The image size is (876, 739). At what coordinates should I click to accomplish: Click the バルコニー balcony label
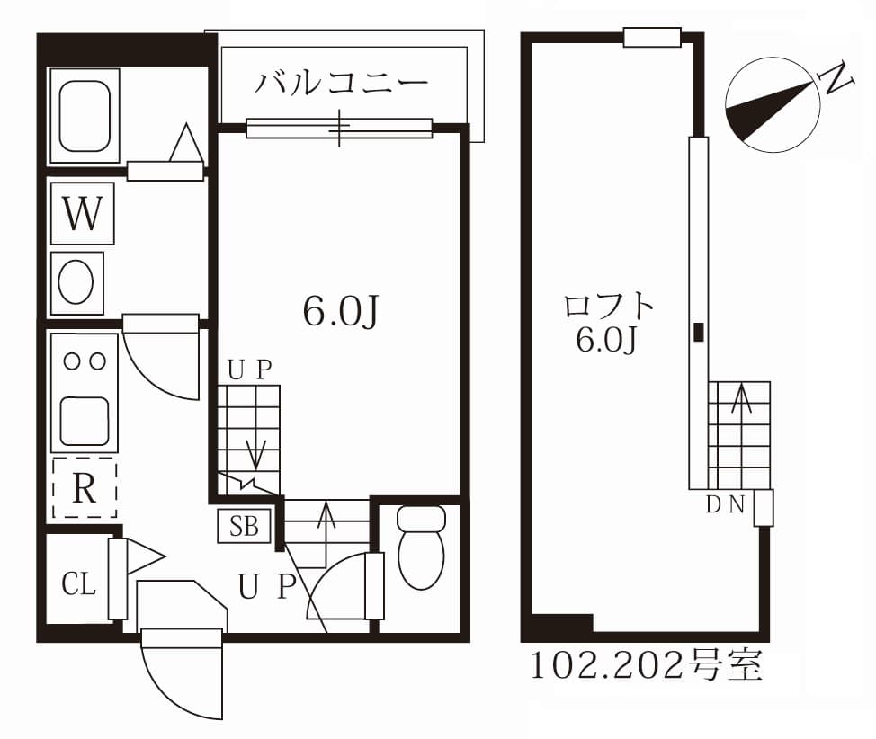point(340,83)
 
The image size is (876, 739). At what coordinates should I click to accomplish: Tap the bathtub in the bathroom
point(84,115)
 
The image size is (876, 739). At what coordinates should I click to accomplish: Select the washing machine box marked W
point(83,214)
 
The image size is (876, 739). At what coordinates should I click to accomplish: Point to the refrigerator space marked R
point(84,488)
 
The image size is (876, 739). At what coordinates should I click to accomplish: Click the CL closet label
point(78,584)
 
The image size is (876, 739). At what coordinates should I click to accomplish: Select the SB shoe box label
point(244,526)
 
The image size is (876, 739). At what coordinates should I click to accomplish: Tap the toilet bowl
point(420,548)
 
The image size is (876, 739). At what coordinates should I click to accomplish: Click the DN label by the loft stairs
point(724,504)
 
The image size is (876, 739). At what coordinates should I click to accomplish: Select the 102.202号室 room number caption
point(644,666)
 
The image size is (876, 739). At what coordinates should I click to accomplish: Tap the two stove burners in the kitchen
point(84,361)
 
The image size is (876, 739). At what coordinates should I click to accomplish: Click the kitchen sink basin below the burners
point(85,419)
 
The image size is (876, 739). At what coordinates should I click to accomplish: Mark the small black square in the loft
point(699,331)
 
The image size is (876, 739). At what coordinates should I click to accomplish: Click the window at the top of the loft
point(651,37)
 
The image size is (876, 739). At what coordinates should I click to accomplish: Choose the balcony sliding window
point(338,129)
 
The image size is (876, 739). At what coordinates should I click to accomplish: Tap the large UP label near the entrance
point(266,587)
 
